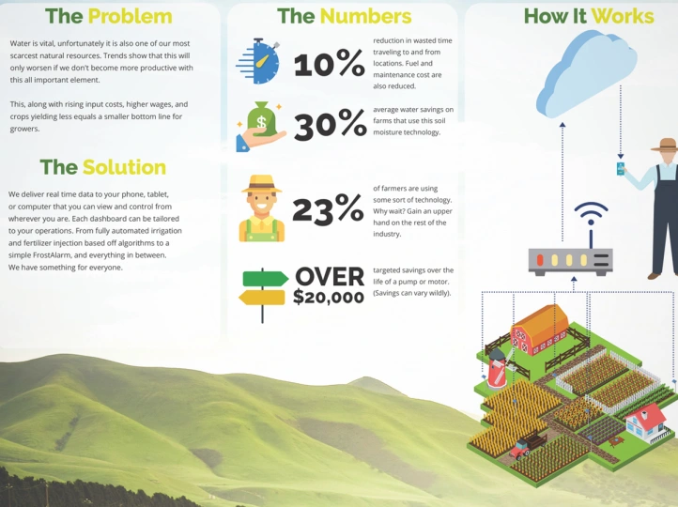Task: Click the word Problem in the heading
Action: click(x=131, y=17)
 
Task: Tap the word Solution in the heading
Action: click(x=124, y=167)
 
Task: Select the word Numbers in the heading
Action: click(x=365, y=16)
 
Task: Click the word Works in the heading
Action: click(x=623, y=16)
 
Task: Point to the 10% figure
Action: click(x=329, y=63)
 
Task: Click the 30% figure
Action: click(x=331, y=125)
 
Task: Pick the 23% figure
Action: click(x=328, y=209)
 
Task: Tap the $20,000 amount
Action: click(x=329, y=297)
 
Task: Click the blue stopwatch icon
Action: click(x=258, y=61)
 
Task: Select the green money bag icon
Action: click(x=262, y=119)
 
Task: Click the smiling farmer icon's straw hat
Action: click(x=262, y=184)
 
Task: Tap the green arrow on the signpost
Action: click(x=266, y=279)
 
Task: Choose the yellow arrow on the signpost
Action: click(x=262, y=298)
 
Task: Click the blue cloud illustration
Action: click(x=586, y=73)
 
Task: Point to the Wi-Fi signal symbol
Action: click(x=591, y=213)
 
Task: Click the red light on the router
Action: click(x=540, y=260)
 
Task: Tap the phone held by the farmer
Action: click(x=621, y=169)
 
